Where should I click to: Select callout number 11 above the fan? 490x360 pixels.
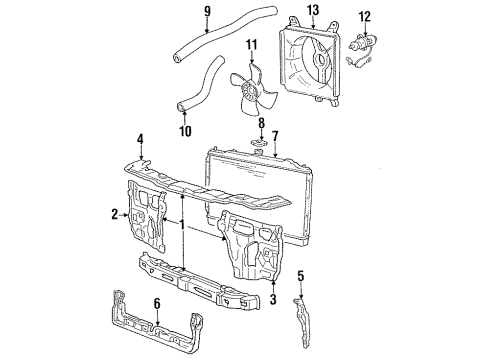tap(252, 44)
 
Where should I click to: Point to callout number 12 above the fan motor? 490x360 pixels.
tap(364, 17)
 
